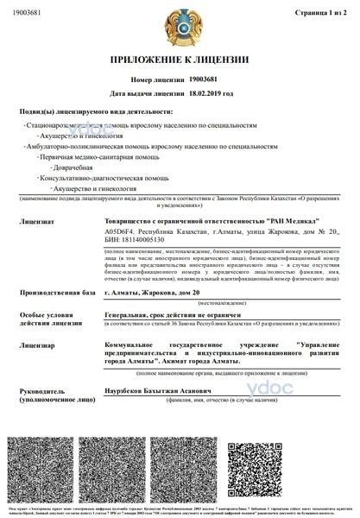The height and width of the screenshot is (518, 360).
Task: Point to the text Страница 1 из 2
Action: [x=320, y=13]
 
